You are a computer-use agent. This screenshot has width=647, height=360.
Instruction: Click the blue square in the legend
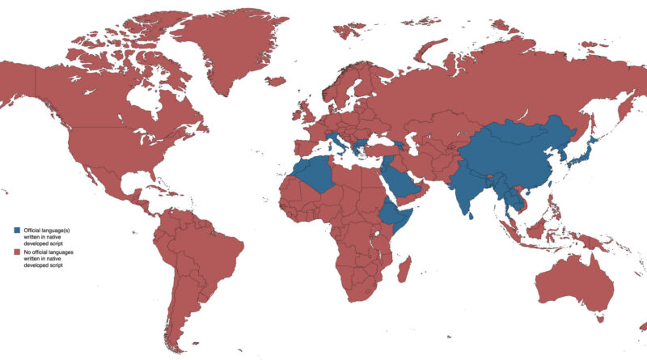(18, 231)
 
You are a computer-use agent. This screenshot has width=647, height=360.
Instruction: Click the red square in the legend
(18, 252)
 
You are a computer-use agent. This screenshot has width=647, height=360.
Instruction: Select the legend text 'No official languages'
(49, 252)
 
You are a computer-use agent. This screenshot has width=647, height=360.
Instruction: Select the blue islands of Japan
(582, 159)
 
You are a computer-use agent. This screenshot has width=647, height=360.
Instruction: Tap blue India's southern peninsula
(465, 194)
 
